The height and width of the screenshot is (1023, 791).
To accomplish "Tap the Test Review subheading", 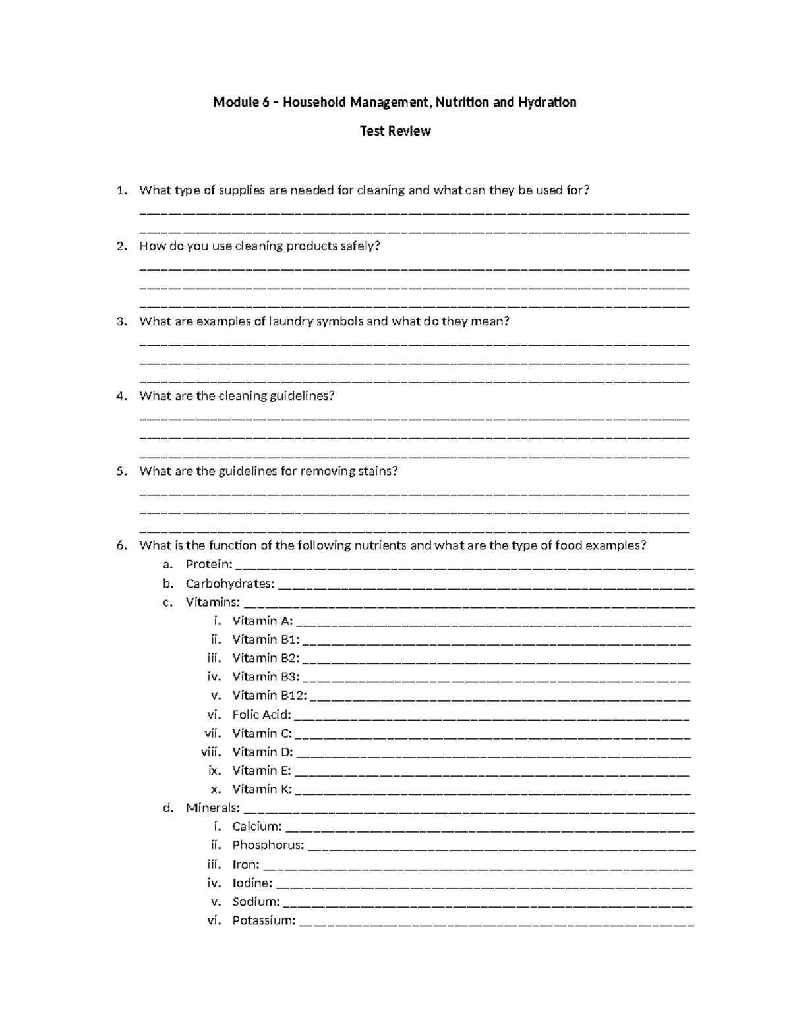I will tap(395, 131).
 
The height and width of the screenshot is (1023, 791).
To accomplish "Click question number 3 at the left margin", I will tap(121, 321).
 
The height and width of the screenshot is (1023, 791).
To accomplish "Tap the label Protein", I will tap(209, 565).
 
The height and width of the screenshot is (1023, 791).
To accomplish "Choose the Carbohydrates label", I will tap(230, 584).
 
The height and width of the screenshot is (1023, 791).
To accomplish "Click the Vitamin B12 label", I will tap(270, 695).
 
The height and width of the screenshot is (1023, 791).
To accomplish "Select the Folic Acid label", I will tap(261, 714).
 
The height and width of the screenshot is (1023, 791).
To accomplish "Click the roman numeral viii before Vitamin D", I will tap(211, 752).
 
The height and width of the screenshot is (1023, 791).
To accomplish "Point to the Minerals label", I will tap(212, 808).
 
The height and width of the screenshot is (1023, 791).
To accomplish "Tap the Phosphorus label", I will tap(268, 845).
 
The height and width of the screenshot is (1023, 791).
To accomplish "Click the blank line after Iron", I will tap(477, 866).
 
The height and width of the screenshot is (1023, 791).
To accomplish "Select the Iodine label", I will tap(252, 883).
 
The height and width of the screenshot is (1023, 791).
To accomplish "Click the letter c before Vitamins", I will tap(167, 602).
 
